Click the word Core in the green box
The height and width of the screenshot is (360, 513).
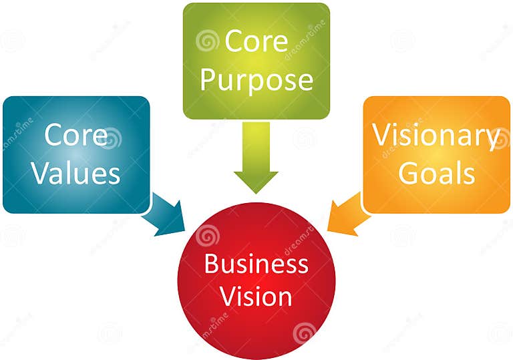click(257, 41)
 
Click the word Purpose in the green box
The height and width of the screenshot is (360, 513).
click(256, 80)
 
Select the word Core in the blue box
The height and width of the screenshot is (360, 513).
click(75, 135)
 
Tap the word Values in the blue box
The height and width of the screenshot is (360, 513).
click(76, 173)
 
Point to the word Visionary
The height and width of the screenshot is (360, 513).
click(436, 136)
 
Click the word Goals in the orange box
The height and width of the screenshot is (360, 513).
click(436, 173)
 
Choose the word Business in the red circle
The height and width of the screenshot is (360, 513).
click(256, 264)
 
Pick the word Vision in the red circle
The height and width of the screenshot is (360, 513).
click(256, 296)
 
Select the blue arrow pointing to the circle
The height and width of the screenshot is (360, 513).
click(164, 216)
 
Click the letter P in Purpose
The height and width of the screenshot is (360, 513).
click(208, 80)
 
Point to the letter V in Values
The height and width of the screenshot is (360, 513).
click(41, 173)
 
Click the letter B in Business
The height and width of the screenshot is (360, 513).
click(210, 264)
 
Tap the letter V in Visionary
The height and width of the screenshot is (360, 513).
click(381, 136)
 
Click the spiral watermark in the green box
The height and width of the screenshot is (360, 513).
click(208, 41)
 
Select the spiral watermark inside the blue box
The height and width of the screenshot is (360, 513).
click(110, 138)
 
